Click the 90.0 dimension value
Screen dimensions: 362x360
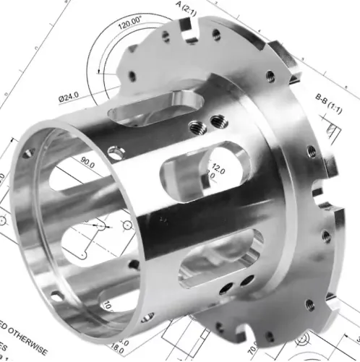[88, 165]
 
